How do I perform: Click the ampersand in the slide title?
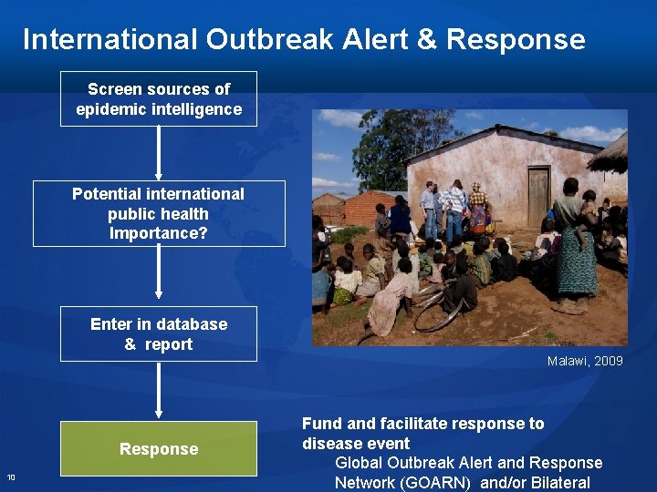pyautogui.click(x=428, y=39)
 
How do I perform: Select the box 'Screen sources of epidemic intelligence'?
pyautogui.click(x=159, y=98)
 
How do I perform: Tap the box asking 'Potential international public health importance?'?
pyautogui.click(x=159, y=213)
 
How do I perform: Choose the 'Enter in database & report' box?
pyautogui.click(x=159, y=333)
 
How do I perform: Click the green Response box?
pyautogui.click(x=159, y=448)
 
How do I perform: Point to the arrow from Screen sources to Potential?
pyautogui.click(x=159, y=152)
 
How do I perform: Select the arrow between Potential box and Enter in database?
pyautogui.click(x=159, y=273)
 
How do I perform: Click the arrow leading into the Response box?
pyautogui.click(x=159, y=390)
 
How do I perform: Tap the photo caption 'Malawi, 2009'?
pyautogui.click(x=585, y=361)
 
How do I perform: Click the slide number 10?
pyautogui.click(x=11, y=477)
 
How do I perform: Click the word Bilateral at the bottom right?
pyautogui.click(x=558, y=483)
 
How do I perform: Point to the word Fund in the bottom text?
pyautogui.click(x=320, y=424)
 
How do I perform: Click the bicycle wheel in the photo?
pyautogui.click(x=437, y=314)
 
